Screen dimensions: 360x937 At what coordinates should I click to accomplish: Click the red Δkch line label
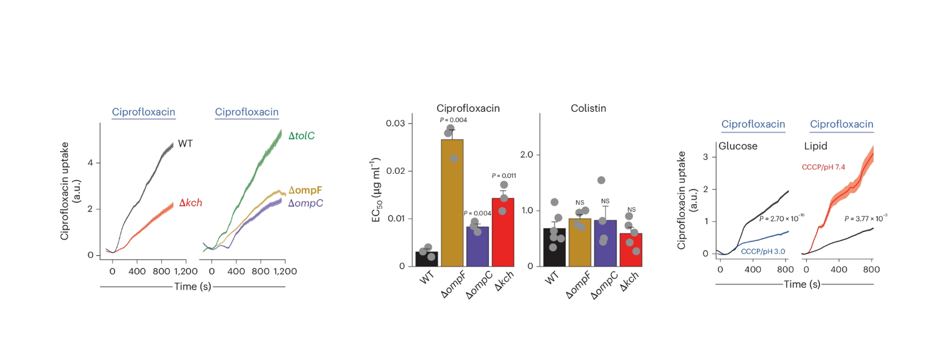[190, 203]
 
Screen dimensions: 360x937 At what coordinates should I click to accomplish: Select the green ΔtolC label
[301, 136]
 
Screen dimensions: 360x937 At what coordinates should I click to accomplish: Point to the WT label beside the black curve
[185, 144]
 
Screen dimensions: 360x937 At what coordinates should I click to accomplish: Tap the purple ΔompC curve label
[305, 203]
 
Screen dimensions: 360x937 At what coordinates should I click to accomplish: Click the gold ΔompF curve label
[305, 190]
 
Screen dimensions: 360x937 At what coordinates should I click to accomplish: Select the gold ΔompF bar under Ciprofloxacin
[452, 204]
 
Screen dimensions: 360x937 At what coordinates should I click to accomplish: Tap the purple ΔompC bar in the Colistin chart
[605, 243]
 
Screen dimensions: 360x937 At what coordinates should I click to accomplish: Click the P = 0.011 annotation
[504, 176]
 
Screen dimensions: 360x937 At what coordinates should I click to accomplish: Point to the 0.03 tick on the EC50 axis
[395, 123]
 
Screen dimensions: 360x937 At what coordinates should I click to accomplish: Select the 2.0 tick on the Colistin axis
[526, 154]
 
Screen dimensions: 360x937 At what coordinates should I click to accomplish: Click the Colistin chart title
[588, 108]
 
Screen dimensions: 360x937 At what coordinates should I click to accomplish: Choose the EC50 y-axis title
[376, 190]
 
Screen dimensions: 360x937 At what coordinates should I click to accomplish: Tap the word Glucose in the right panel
[738, 146]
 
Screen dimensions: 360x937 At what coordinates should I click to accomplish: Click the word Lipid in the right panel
[815, 146]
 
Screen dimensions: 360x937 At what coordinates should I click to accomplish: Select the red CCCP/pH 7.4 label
[823, 167]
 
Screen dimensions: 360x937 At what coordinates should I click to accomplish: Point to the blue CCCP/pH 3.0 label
[763, 252]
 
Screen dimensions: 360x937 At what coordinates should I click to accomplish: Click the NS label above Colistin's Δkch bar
[631, 210]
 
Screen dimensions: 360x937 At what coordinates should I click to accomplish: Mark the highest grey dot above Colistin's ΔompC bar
[601, 180]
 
